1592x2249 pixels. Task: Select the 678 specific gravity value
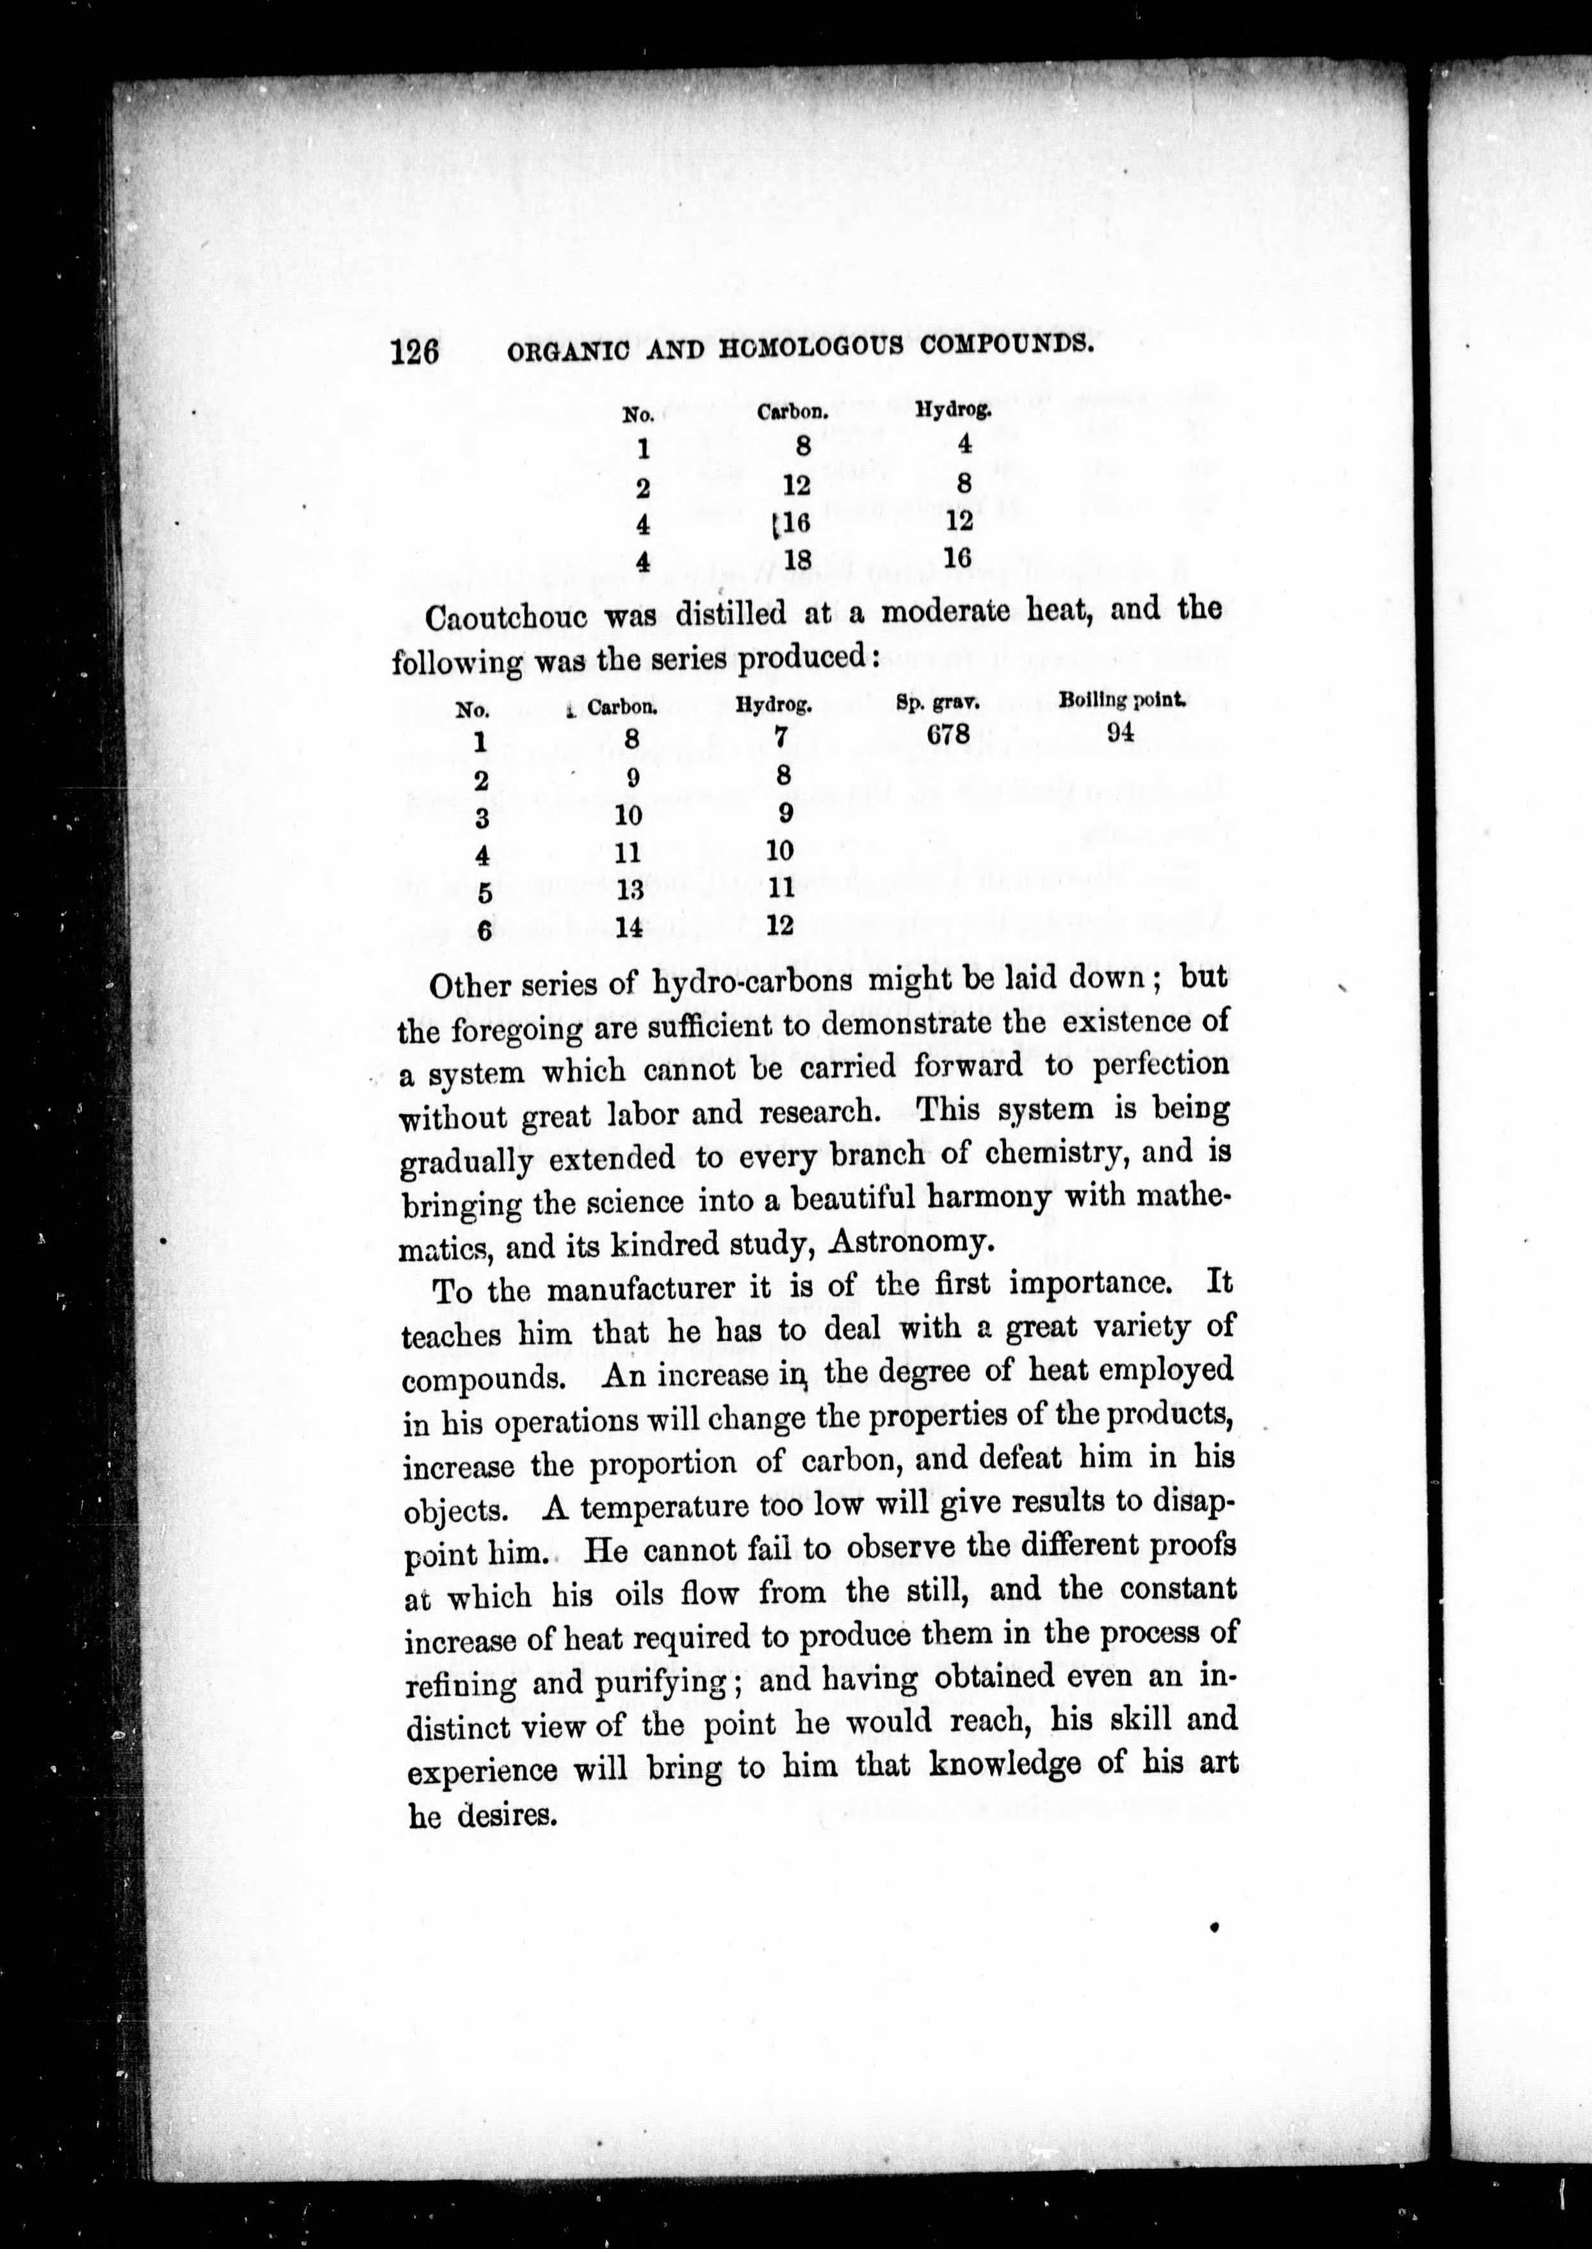(x=948, y=733)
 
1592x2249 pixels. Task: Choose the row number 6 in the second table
(x=483, y=929)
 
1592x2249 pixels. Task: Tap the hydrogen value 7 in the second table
(x=781, y=735)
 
